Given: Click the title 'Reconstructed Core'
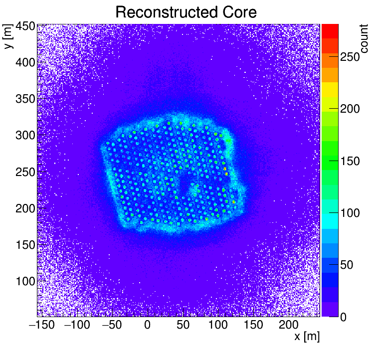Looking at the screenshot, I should click(186, 12).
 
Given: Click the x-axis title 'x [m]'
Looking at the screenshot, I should click(307, 337).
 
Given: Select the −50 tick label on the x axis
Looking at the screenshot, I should click(111, 326).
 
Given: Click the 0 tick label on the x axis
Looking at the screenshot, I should click(147, 326).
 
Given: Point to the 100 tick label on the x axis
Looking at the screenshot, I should click(218, 326).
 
